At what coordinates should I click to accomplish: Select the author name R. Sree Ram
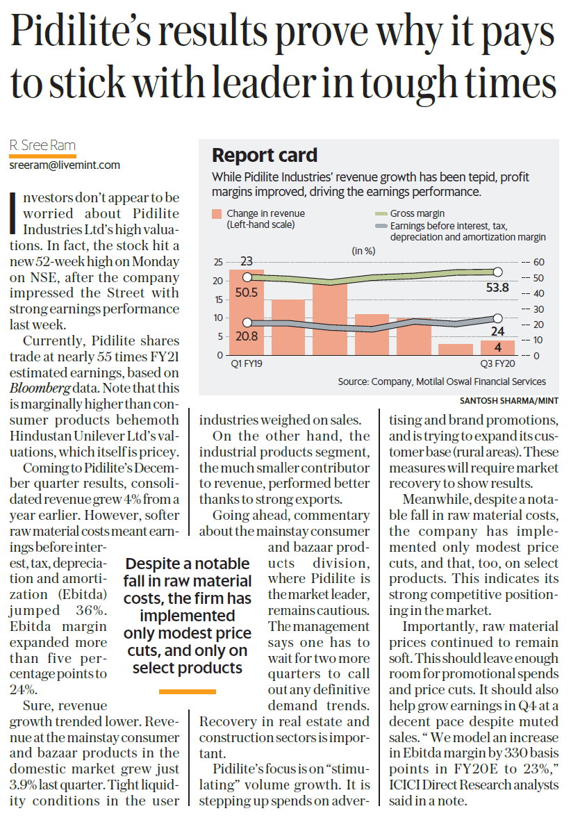coord(42,145)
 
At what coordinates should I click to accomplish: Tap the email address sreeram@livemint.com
coord(65,165)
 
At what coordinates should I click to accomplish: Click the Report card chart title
coord(265,156)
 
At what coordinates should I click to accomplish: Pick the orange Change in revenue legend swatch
coord(217,214)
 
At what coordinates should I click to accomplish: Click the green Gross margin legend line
coord(381,214)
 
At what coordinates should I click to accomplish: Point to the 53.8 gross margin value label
coord(497,288)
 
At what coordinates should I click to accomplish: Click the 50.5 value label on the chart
coord(247,293)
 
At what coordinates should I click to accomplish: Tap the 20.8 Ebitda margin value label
coord(247,336)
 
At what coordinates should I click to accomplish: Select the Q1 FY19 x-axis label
coord(247,363)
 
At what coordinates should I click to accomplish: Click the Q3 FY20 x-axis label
coord(498,363)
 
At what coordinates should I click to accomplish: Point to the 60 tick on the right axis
coord(538,262)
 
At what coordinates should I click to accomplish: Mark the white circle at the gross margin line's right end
coord(498,272)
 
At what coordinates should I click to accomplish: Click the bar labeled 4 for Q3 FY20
coord(497,347)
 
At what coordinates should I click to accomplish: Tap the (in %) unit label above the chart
coord(363,251)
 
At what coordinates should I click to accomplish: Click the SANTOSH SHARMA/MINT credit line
coord(509,400)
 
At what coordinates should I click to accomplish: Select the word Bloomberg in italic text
coord(40,388)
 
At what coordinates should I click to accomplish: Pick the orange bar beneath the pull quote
coord(187,691)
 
